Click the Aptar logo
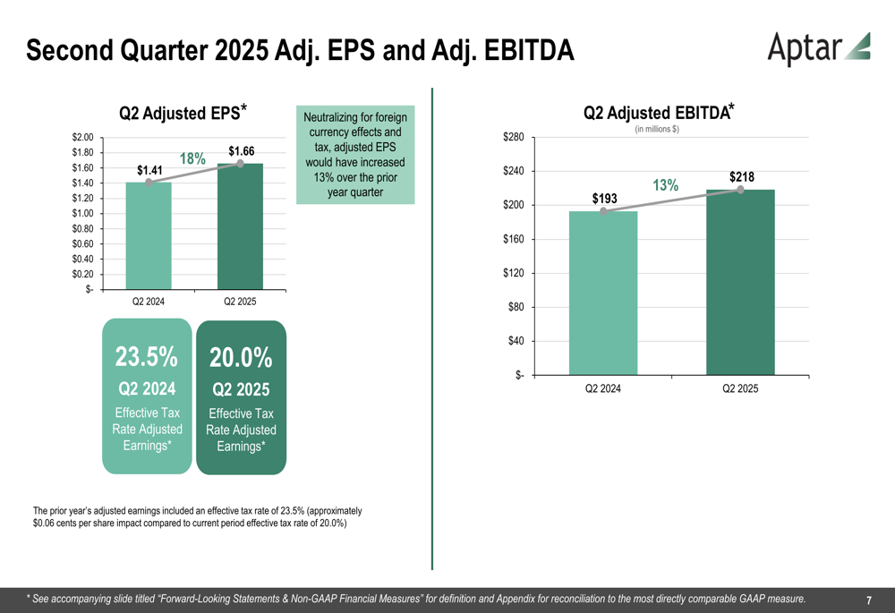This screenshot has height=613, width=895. [818, 48]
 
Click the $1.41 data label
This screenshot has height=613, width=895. [150, 170]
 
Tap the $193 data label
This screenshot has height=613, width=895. [604, 198]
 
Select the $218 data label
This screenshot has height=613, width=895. [742, 177]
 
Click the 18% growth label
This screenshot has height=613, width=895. [193, 158]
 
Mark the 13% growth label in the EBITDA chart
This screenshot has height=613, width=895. [665, 185]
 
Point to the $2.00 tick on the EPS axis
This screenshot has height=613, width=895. [83, 137]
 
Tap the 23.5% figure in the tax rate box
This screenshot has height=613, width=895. [146, 356]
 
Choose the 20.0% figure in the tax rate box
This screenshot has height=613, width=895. [241, 358]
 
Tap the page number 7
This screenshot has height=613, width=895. [869, 600]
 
